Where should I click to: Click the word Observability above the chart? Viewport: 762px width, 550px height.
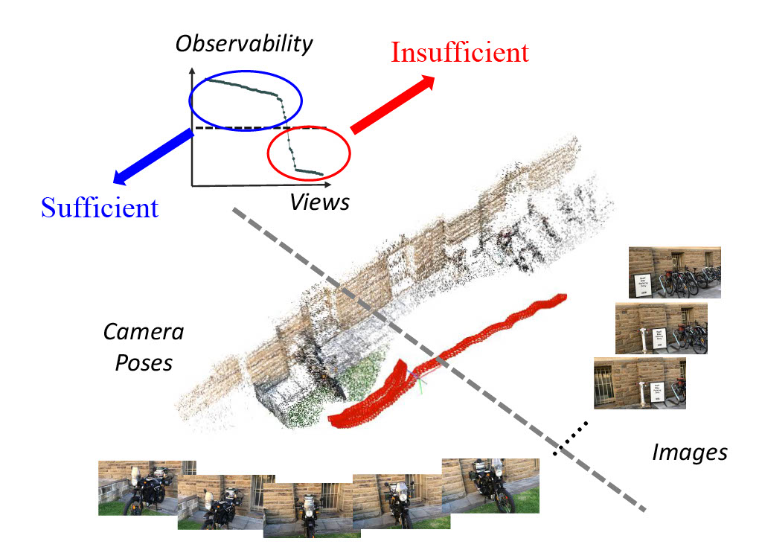tap(244, 44)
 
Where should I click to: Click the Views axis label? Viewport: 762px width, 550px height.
tap(320, 201)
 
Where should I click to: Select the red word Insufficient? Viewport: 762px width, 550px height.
tap(460, 53)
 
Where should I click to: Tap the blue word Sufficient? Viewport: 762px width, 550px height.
tap(100, 207)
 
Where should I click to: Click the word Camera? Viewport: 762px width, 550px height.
tap(144, 332)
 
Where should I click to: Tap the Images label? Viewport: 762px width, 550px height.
tap(689, 452)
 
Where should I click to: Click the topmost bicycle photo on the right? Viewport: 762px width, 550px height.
tap(674, 272)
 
